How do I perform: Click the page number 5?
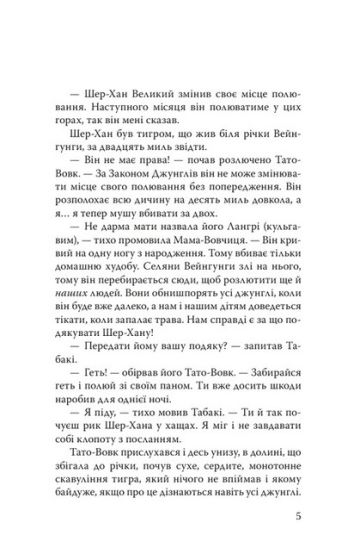312,518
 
